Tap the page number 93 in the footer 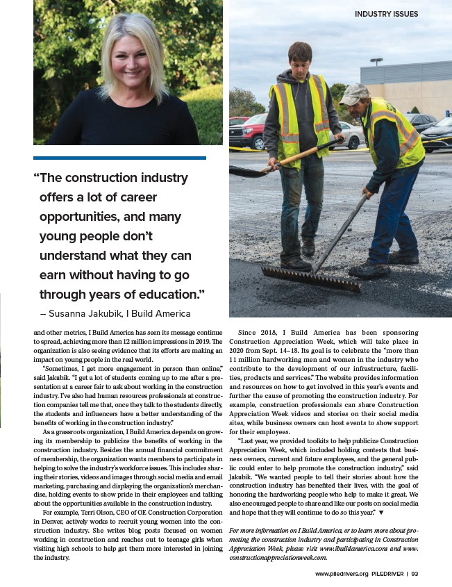coord(415,574)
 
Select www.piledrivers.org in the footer coord(342,574)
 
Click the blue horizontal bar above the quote coord(119,158)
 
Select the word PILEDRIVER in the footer coord(390,574)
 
